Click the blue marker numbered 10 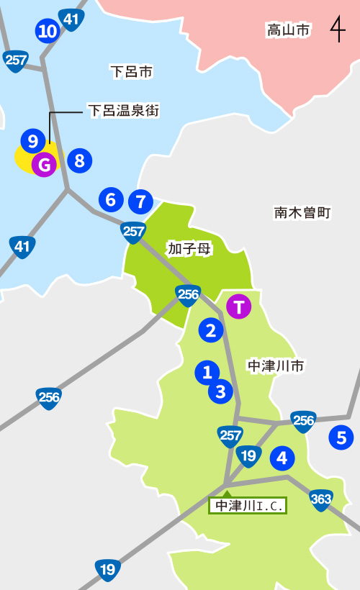coord(48,31)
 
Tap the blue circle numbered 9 coord(33,140)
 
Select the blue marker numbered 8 coord(79,160)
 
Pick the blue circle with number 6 coord(110,199)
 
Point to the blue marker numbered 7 coord(140,201)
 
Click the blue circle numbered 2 coord(210,330)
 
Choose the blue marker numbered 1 coord(207,372)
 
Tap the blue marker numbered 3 coord(221,392)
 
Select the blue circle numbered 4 coord(282,457)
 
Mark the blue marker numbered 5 coord(341,437)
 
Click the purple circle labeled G coord(45,165)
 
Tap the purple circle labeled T coord(238,307)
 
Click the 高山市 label coord(288,30)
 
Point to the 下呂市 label coord(132,71)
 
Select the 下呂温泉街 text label coord(123,111)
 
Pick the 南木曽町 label coord(302,212)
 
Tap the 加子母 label coord(189,248)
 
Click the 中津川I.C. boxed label coord(248,506)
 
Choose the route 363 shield coord(321,499)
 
